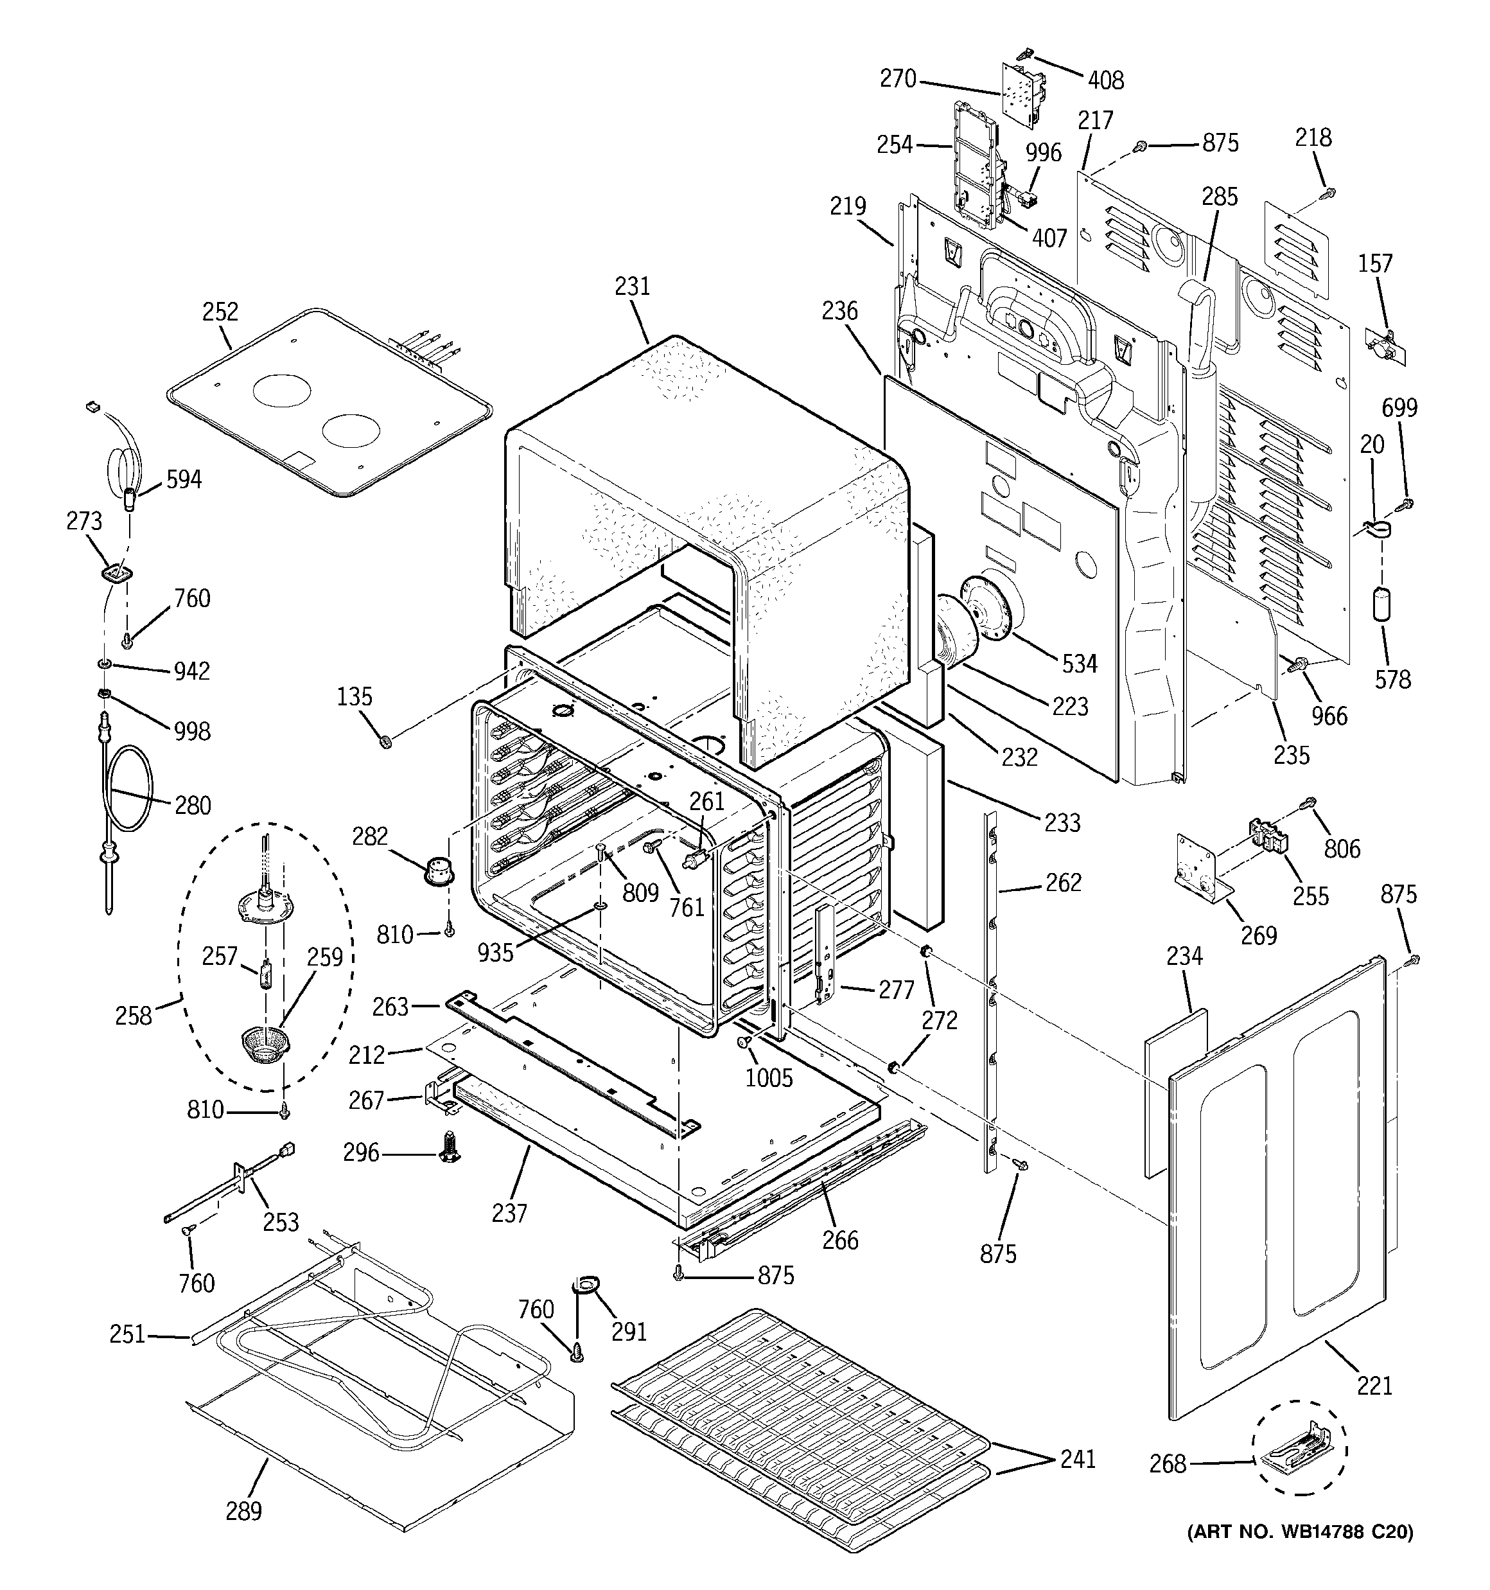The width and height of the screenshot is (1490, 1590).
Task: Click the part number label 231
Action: coord(632,287)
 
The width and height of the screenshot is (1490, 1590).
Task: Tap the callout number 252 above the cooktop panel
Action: coord(220,312)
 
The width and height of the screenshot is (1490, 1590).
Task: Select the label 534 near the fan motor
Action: coord(1079,663)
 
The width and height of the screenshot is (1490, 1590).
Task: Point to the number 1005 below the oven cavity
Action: coord(769,1077)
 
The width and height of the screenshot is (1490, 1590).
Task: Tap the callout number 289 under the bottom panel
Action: coord(243,1511)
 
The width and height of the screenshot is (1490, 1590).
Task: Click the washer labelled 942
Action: coord(105,664)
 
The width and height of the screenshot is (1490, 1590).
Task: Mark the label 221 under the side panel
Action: coord(1374,1384)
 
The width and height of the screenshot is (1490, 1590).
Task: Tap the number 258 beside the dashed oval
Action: coord(133,1016)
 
